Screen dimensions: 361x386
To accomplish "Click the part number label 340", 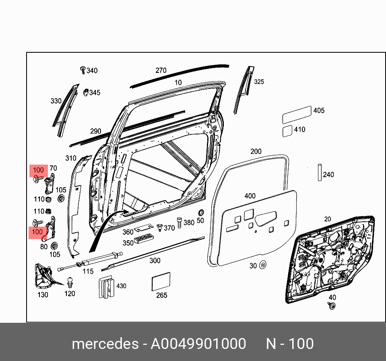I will (x=92, y=71).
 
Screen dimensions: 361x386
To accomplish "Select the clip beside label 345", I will (x=86, y=93).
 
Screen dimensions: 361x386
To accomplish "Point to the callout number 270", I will (x=161, y=70).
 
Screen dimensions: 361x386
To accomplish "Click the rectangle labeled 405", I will (x=297, y=115).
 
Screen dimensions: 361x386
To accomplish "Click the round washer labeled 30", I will (x=263, y=265).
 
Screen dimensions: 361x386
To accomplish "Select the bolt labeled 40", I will (x=332, y=307).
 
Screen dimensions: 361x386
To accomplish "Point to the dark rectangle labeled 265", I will (x=161, y=281).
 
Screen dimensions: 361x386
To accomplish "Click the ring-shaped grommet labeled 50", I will (x=200, y=213).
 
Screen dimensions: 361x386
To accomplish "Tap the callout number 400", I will (x=250, y=196).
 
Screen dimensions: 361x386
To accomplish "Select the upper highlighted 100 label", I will (x=38, y=170).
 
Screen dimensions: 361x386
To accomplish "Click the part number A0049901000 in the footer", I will (x=198, y=344).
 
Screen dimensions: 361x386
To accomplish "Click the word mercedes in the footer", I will (x=104, y=344).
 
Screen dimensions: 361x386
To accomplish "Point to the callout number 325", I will (x=259, y=82).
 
